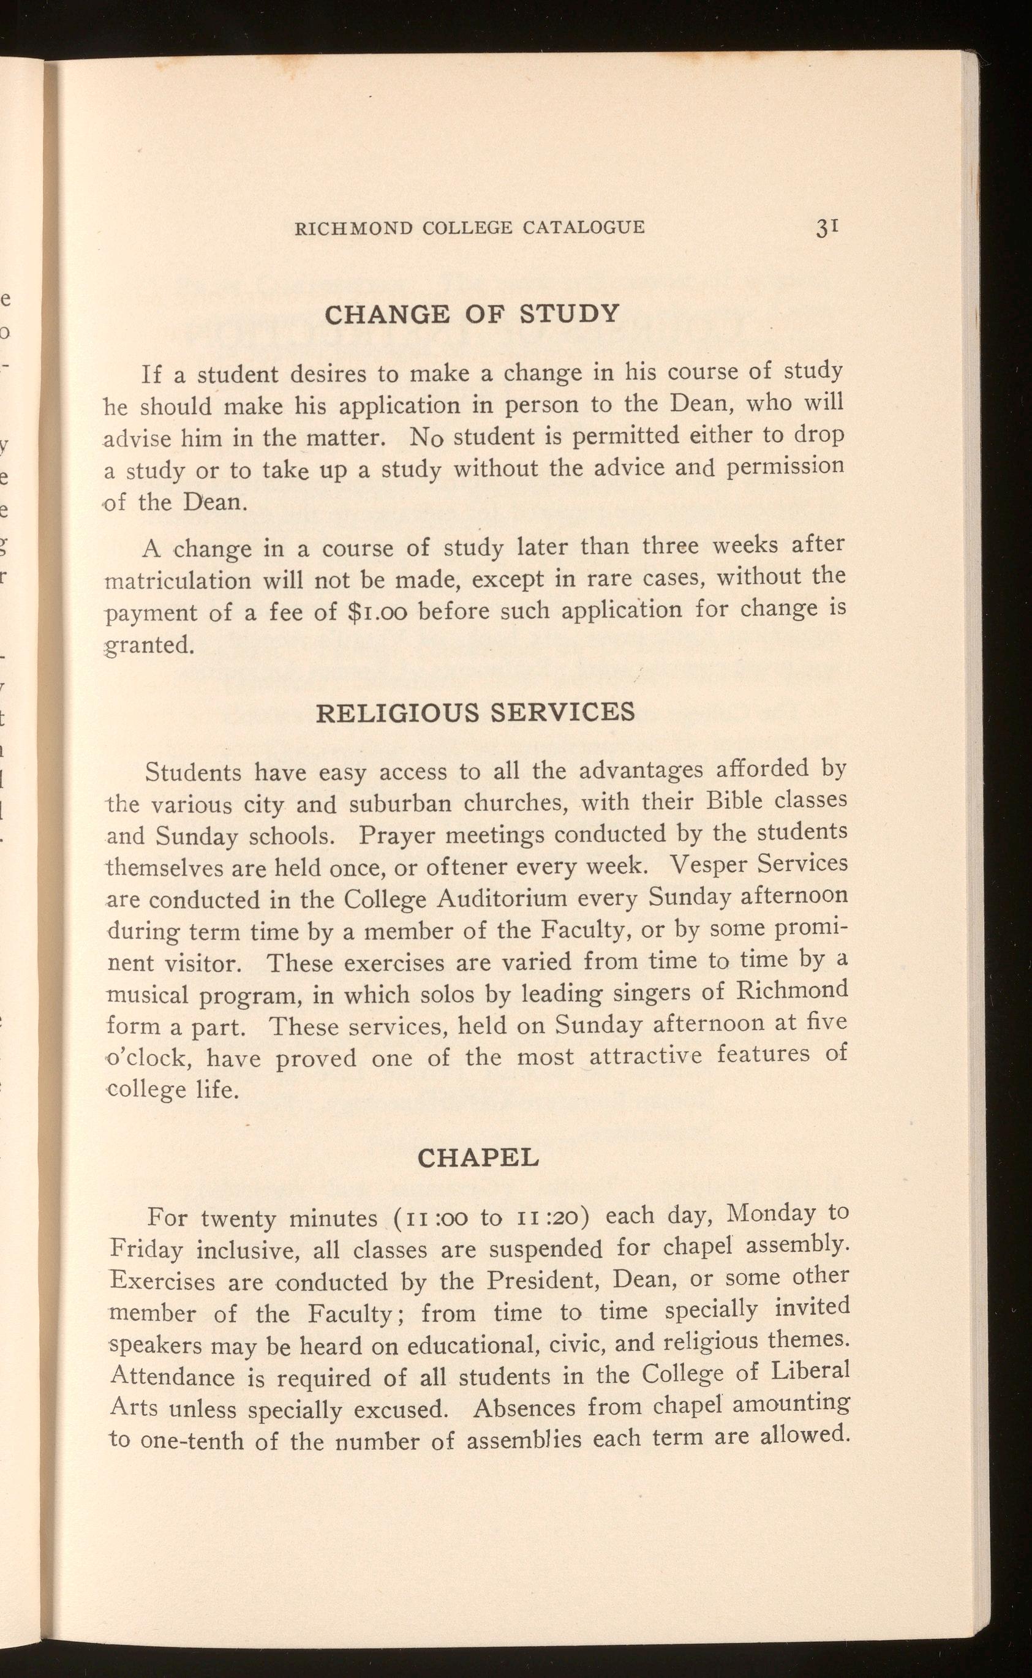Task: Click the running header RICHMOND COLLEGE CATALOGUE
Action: click(469, 227)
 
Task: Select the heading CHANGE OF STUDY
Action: click(472, 314)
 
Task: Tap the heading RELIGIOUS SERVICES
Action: click(476, 712)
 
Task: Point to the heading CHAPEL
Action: click(478, 1157)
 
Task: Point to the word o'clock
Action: click(148, 1058)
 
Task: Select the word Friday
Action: click(146, 1250)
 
